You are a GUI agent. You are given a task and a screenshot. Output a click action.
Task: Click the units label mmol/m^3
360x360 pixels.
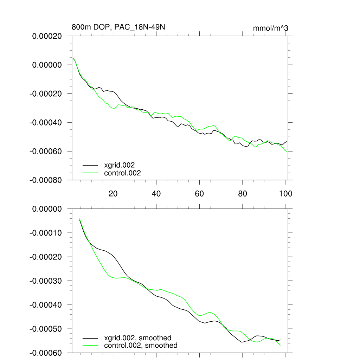click(270, 28)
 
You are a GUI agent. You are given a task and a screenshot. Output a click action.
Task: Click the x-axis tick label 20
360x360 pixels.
click(113, 194)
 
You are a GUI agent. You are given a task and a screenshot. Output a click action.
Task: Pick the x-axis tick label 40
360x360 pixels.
click(156, 194)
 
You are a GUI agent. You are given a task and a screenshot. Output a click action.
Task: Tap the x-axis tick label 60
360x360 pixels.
click(199, 194)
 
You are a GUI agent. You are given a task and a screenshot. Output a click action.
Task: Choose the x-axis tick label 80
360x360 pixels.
click(243, 194)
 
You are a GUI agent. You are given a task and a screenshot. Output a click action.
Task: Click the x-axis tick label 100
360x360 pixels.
click(285, 194)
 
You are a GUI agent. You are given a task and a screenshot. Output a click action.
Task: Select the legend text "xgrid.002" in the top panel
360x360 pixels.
click(120, 165)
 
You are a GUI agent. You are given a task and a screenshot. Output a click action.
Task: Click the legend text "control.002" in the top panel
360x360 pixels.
click(122, 173)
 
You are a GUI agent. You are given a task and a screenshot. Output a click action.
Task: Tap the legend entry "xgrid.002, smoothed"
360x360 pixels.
click(137, 338)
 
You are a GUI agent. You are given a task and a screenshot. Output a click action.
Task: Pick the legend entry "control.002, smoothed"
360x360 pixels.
click(141, 346)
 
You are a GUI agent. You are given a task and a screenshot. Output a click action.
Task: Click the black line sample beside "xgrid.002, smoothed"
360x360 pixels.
click(90, 338)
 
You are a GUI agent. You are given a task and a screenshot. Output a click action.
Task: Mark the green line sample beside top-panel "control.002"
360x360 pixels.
click(90, 173)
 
